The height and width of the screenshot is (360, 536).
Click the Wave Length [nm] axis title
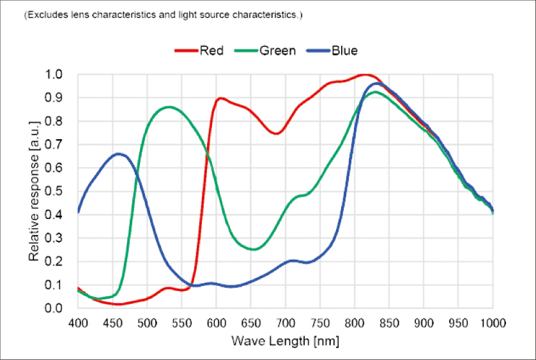click(x=285, y=341)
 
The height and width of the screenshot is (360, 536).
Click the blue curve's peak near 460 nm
click(x=118, y=154)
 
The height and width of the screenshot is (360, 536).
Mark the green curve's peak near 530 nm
click(x=169, y=107)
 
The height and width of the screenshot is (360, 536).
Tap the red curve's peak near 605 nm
click(x=220, y=98)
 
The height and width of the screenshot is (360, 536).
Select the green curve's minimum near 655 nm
click(x=254, y=250)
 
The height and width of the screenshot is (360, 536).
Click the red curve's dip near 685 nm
click(x=275, y=133)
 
